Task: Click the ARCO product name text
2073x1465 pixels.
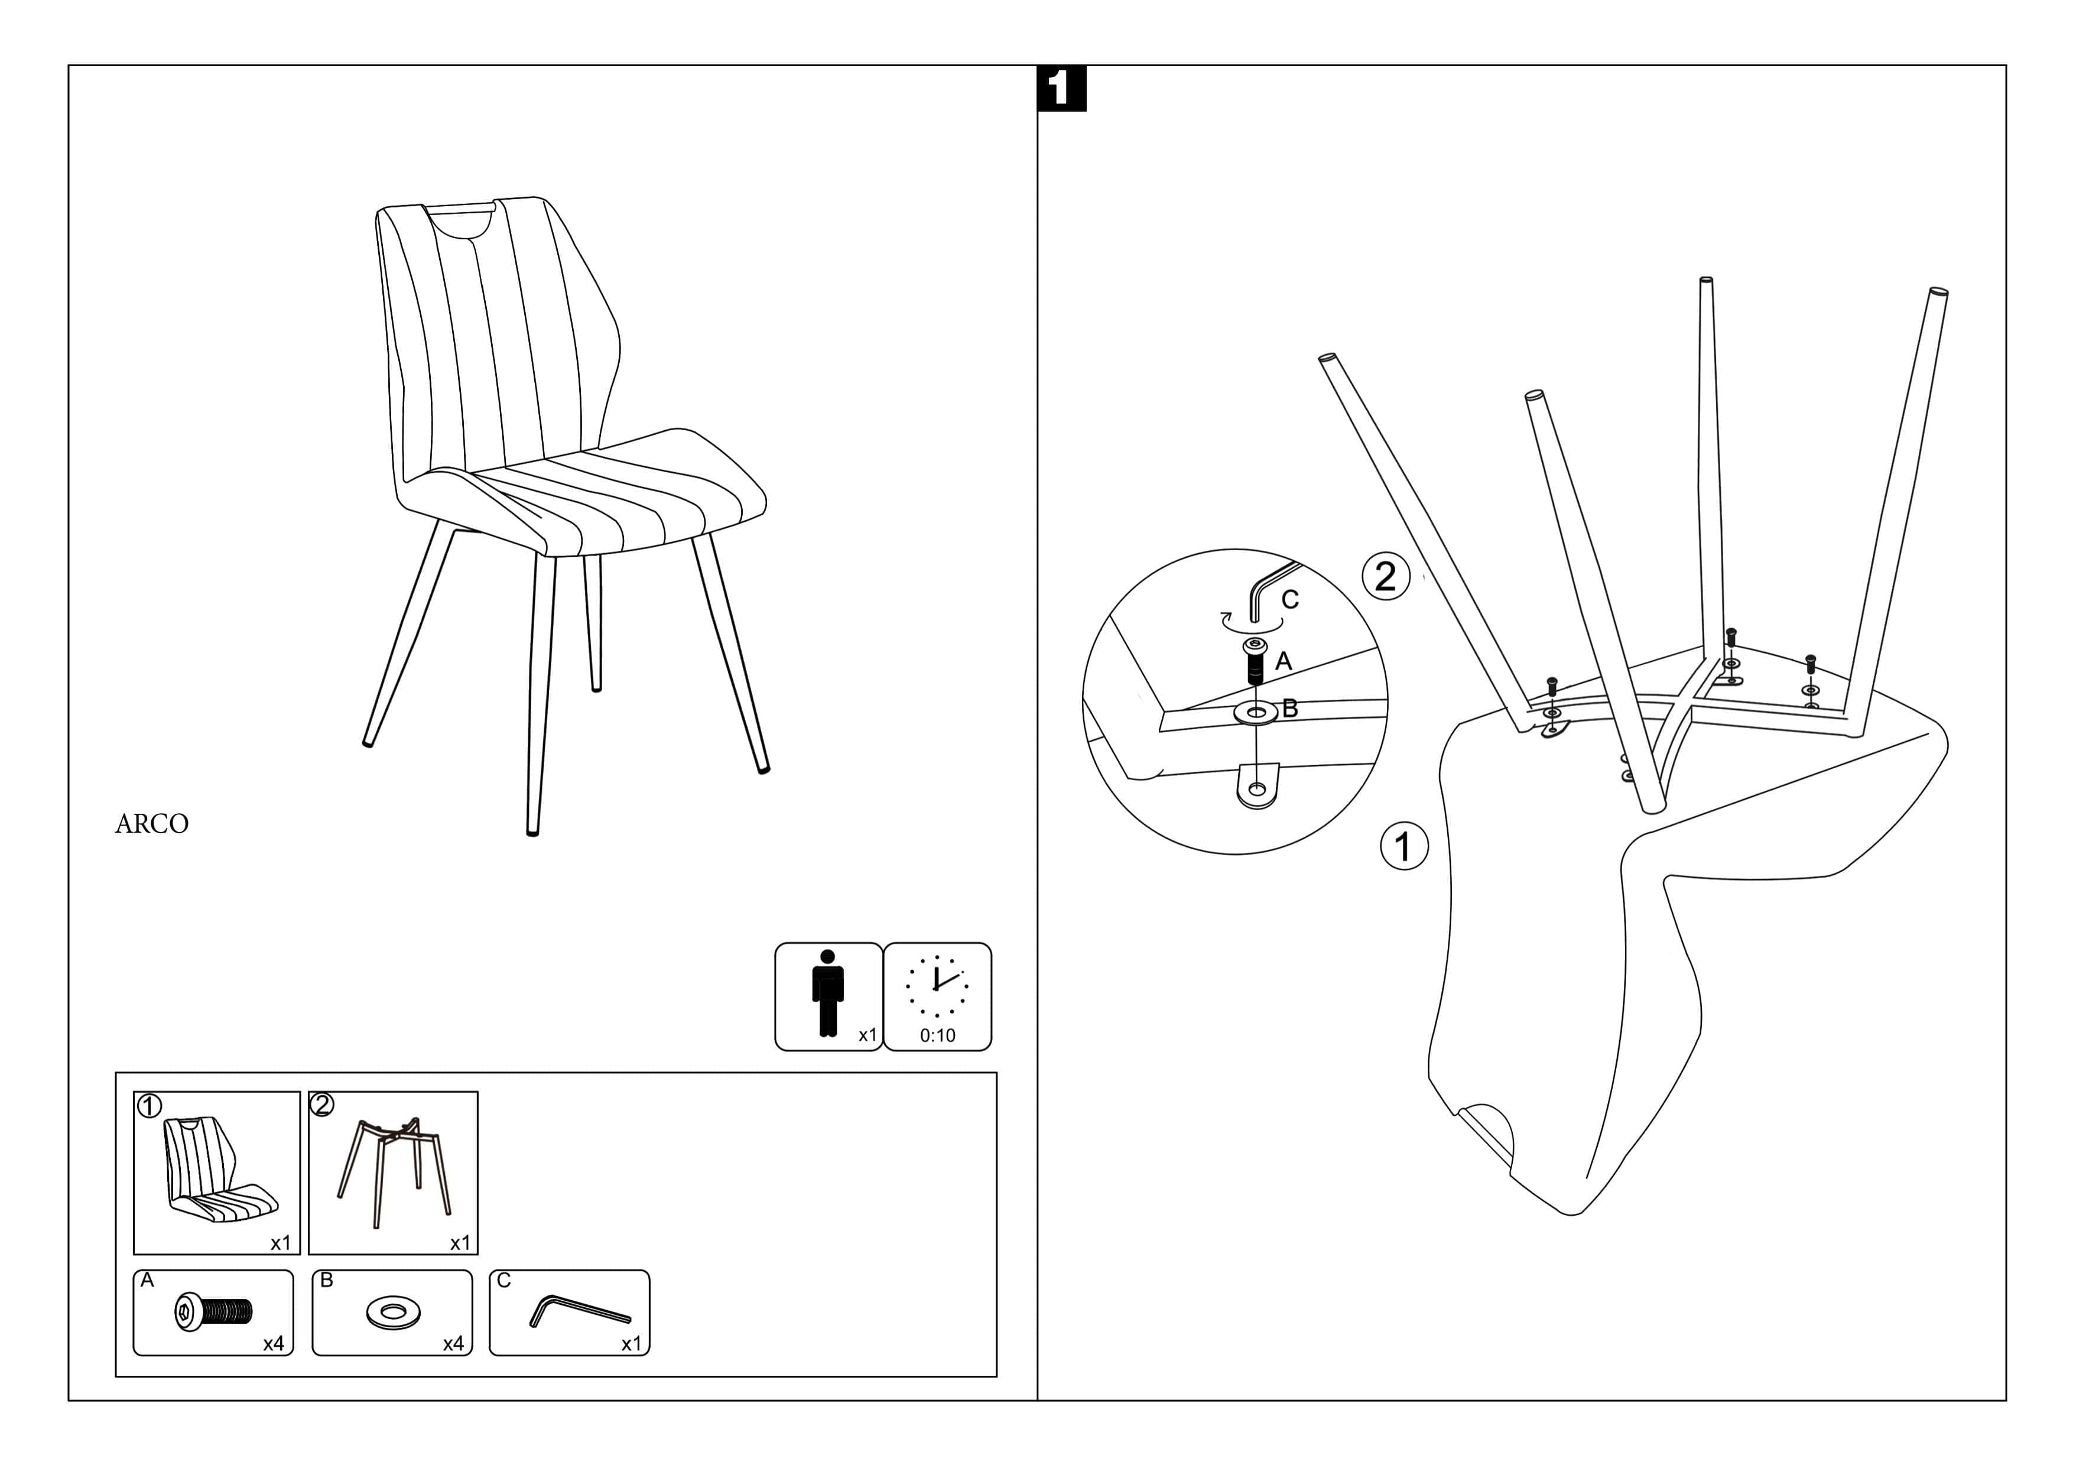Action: (x=152, y=824)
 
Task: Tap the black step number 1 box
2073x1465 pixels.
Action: (x=1062, y=89)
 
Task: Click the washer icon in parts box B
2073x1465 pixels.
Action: (x=393, y=1313)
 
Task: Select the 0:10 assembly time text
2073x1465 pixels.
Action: (x=937, y=1035)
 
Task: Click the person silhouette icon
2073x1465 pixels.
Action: (x=827, y=993)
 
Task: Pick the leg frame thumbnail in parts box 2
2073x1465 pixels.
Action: (x=394, y=1171)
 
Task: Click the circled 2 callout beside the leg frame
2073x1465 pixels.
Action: (x=1385, y=576)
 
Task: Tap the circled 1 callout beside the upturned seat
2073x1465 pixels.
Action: (x=1404, y=846)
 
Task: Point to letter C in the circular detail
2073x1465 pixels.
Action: (x=1290, y=599)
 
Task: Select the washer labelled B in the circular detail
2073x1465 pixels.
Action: (x=1255, y=713)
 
